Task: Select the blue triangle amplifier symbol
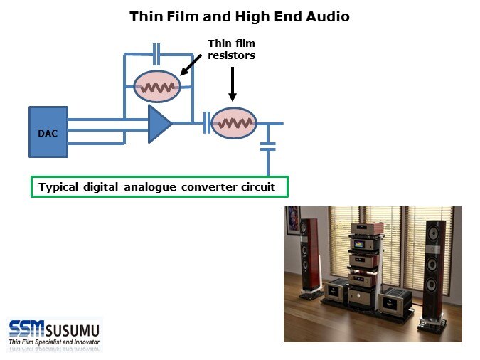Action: pyautogui.click(x=159, y=124)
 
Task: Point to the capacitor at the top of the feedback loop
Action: pyautogui.click(x=157, y=53)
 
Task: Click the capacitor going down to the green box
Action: pyautogui.click(x=267, y=146)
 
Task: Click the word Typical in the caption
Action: pyautogui.click(x=61, y=187)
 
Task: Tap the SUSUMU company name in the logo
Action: pyautogui.click(x=75, y=329)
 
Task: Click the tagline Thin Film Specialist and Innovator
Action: pyautogui.click(x=54, y=342)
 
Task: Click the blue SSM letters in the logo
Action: pyautogui.click(x=27, y=329)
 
